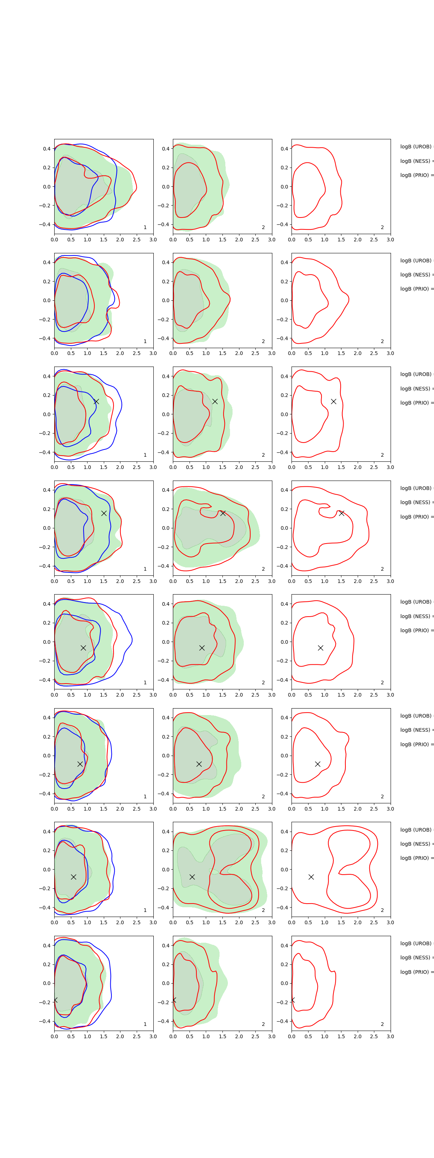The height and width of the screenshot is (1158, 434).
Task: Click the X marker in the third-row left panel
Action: click(x=96, y=401)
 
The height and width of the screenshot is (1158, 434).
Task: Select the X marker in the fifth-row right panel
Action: click(x=320, y=648)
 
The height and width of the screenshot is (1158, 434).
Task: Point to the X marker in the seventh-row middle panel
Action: click(x=192, y=876)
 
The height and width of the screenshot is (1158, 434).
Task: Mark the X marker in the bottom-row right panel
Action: click(x=293, y=1000)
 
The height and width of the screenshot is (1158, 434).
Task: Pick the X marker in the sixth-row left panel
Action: click(x=80, y=764)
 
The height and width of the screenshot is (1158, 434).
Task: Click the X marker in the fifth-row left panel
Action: click(x=83, y=648)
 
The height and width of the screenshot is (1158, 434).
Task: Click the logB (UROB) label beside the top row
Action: click(x=416, y=147)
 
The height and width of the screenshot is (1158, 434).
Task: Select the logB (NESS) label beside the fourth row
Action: click(x=416, y=502)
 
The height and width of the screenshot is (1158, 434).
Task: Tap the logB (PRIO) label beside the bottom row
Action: click(x=416, y=972)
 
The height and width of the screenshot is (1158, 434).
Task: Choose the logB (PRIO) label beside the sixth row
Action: click(x=416, y=744)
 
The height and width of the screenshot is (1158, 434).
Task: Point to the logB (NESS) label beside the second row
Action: click(x=416, y=275)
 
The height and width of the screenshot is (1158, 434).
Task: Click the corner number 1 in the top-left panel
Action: click(x=145, y=228)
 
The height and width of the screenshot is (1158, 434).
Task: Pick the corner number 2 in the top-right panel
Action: click(x=382, y=228)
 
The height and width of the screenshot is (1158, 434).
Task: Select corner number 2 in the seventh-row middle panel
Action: click(x=263, y=910)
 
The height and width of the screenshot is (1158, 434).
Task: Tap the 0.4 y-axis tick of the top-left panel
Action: click(x=47, y=149)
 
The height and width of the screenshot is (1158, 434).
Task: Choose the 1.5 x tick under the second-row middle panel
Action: click(x=222, y=353)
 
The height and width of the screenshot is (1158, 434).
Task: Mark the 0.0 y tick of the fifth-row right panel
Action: click(x=284, y=642)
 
